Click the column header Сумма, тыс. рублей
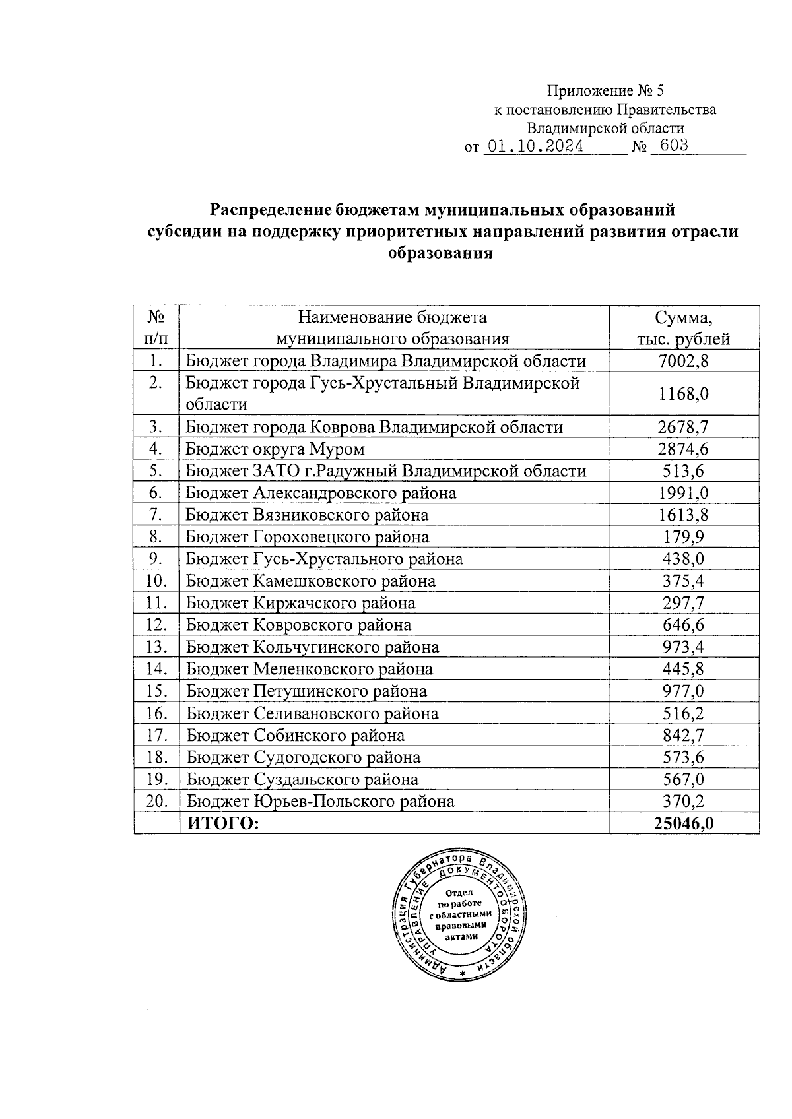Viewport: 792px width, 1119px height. (x=683, y=328)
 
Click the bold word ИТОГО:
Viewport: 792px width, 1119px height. (x=223, y=823)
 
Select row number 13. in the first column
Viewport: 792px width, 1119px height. (x=156, y=647)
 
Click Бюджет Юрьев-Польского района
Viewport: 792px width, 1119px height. (x=320, y=802)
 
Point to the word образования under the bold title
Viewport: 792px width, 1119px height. (x=441, y=253)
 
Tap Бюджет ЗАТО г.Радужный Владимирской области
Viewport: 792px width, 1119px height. (x=385, y=471)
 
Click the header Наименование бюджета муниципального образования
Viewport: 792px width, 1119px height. (x=393, y=328)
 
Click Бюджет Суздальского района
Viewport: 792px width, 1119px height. (x=302, y=779)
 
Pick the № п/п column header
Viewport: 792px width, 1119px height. (x=156, y=328)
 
